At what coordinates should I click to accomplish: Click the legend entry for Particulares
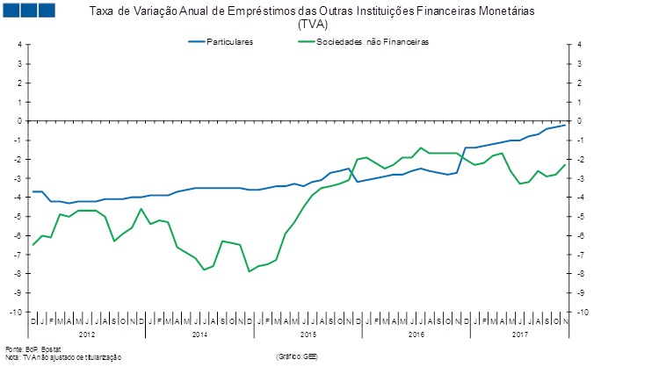click(x=229, y=42)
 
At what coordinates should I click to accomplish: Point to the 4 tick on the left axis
click(x=19, y=45)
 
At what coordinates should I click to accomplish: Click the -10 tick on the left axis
click(x=16, y=313)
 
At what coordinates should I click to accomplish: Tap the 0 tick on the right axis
click(x=579, y=121)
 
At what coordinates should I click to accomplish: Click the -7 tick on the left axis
click(x=18, y=255)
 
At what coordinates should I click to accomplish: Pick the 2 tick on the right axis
click(x=579, y=83)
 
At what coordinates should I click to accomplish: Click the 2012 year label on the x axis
click(x=87, y=335)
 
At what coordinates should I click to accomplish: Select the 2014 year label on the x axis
click(x=199, y=335)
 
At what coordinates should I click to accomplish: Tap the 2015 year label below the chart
click(x=308, y=335)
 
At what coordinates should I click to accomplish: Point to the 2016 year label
click(x=416, y=335)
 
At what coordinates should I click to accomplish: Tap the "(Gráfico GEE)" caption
click(x=297, y=357)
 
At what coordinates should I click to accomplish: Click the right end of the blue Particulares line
click(x=565, y=125)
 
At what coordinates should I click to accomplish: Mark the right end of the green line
click(x=565, y=164)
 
